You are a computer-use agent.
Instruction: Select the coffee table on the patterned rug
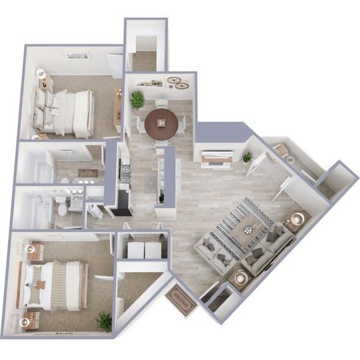pos(247,230)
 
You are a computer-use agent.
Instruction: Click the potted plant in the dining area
pos(137,99)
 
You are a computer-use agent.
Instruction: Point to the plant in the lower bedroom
pos(105,321)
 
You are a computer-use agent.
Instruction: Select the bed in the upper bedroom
pos(65,113)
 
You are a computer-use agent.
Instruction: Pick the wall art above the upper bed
pos(78,56)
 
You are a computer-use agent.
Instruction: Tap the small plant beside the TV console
pos(247,157)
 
